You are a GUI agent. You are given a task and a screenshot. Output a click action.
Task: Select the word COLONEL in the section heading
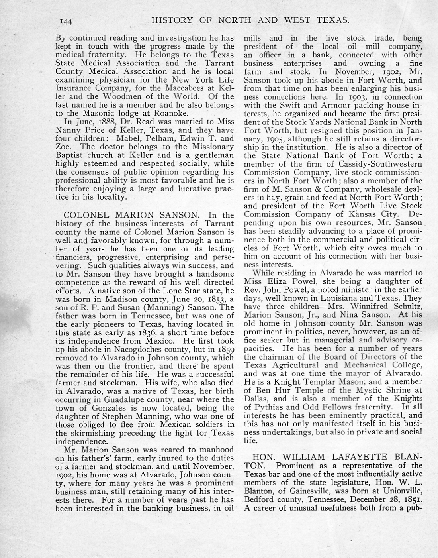(84, 216)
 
